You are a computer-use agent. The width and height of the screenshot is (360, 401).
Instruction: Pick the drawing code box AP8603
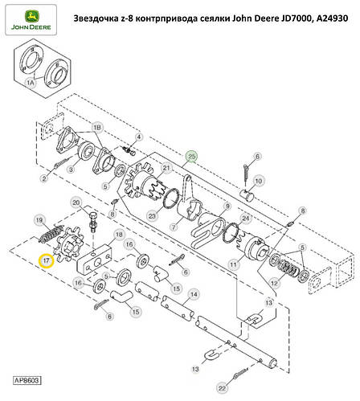point(27,379)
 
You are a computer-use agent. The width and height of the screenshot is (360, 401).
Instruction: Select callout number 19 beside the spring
point(38,220)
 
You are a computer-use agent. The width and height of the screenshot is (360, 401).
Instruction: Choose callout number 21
point(166,167)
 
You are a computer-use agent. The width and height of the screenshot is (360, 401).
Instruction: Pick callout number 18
point(120,235)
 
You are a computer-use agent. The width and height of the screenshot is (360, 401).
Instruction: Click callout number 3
point(71,170)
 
